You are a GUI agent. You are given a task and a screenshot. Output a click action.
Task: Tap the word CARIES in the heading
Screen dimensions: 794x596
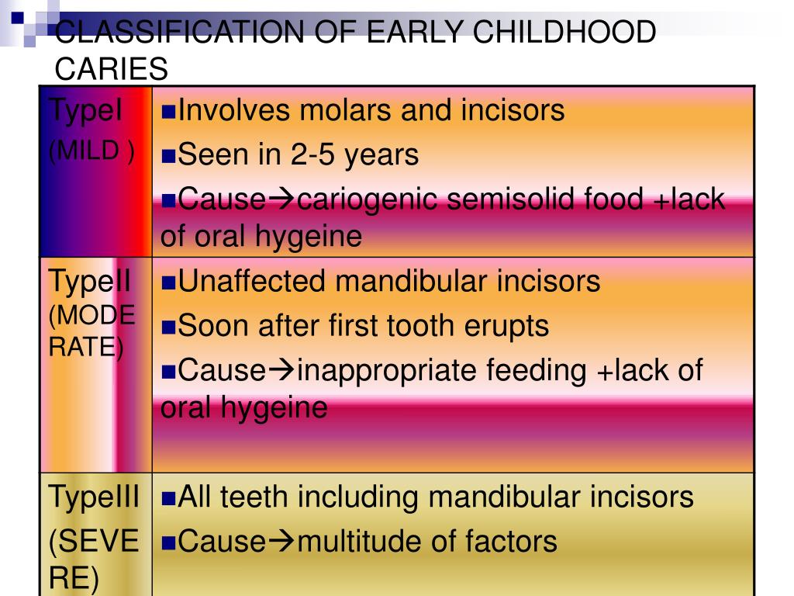tap(112, 69)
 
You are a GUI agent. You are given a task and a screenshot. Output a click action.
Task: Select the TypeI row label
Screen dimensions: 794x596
tap(85, 110)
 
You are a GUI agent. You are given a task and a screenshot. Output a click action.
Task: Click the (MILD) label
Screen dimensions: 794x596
tap(91, 151)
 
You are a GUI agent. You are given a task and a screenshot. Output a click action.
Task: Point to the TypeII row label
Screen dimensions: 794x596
tap(89, 281)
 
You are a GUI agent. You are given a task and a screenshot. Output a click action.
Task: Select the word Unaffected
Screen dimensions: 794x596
tap(251, 281)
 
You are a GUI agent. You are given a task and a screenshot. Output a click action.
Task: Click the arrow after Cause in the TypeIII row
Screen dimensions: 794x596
tap(281, 541)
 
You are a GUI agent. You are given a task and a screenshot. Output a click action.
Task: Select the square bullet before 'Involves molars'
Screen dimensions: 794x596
tap(168, 112)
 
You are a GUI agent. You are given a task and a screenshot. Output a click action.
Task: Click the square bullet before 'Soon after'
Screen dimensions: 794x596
tap(168, 327)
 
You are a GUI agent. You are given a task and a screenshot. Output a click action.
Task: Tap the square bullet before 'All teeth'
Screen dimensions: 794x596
tap(168, 498)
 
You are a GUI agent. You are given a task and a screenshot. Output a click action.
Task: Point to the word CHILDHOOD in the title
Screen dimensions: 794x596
tap(564, 32)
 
